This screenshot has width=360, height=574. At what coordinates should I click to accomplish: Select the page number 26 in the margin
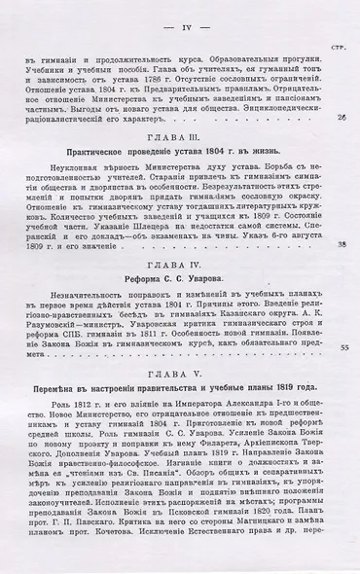pos(342,118)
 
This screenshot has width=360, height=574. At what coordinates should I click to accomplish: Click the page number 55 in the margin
pos(342,347)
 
